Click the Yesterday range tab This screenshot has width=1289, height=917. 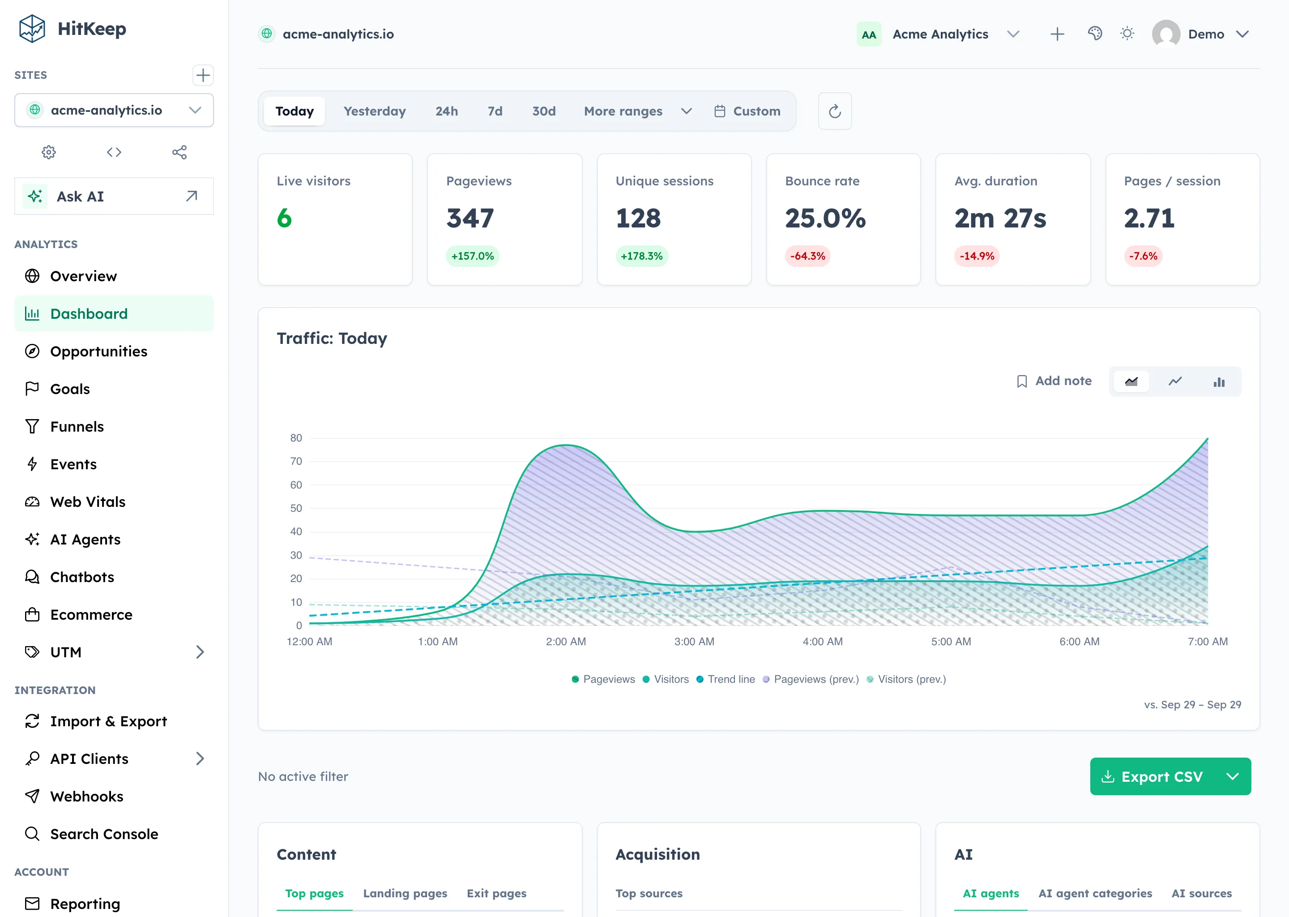tap(374, 111)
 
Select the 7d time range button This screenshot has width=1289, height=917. tap(495, 111)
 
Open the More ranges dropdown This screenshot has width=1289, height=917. tap(638, 111)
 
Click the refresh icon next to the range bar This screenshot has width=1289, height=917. tap(835, 111)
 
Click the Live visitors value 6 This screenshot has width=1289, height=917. tap(285, 218)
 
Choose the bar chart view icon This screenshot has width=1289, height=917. tap(1219, 381)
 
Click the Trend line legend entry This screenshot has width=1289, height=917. tap(726, 679)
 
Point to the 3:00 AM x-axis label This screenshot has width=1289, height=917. tap(694, 642)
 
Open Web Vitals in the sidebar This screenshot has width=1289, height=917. tap(87, 502)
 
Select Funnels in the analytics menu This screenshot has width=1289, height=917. tap(77, 427)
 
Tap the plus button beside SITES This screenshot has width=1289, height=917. tap(203, 75)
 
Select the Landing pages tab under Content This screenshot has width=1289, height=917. tap(405, 893)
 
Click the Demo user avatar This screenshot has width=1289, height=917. tap(1166, 34)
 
